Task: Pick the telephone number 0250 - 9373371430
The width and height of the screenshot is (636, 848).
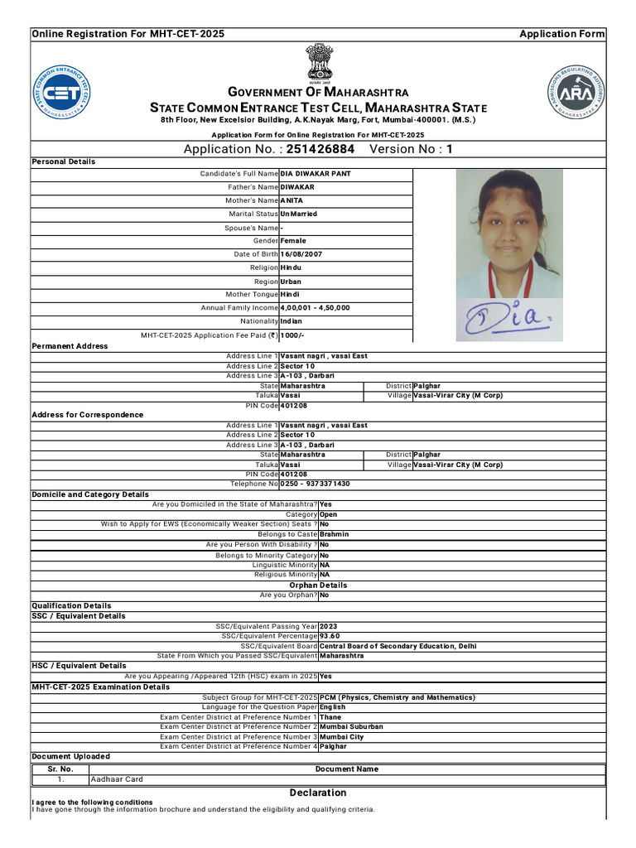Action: click(x=315, y=484)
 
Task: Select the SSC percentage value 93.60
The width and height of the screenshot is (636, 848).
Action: click(x=330, y=636)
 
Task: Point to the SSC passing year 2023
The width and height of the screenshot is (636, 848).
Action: click(x=329, y=626)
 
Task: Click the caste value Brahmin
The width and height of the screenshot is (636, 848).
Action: click(x=335, y=534)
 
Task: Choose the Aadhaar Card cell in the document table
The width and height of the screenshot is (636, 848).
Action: click(x=117, y=779)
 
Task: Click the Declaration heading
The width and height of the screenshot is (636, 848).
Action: click(x=318, y=793)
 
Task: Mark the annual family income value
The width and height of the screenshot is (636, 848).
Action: click(x=315, y=308)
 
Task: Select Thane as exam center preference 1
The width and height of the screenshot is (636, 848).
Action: click(x=330, y=717)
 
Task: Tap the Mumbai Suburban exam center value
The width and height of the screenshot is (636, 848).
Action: click(x=351, y=727)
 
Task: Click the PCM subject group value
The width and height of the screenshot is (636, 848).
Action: click(x=397, y=698)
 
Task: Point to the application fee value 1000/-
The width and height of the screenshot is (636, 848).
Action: click(x=291, y=335)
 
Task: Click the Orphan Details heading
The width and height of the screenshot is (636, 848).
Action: click(x=318, y=585)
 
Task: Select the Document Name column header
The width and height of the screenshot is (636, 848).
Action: click(x=346, y=769)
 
